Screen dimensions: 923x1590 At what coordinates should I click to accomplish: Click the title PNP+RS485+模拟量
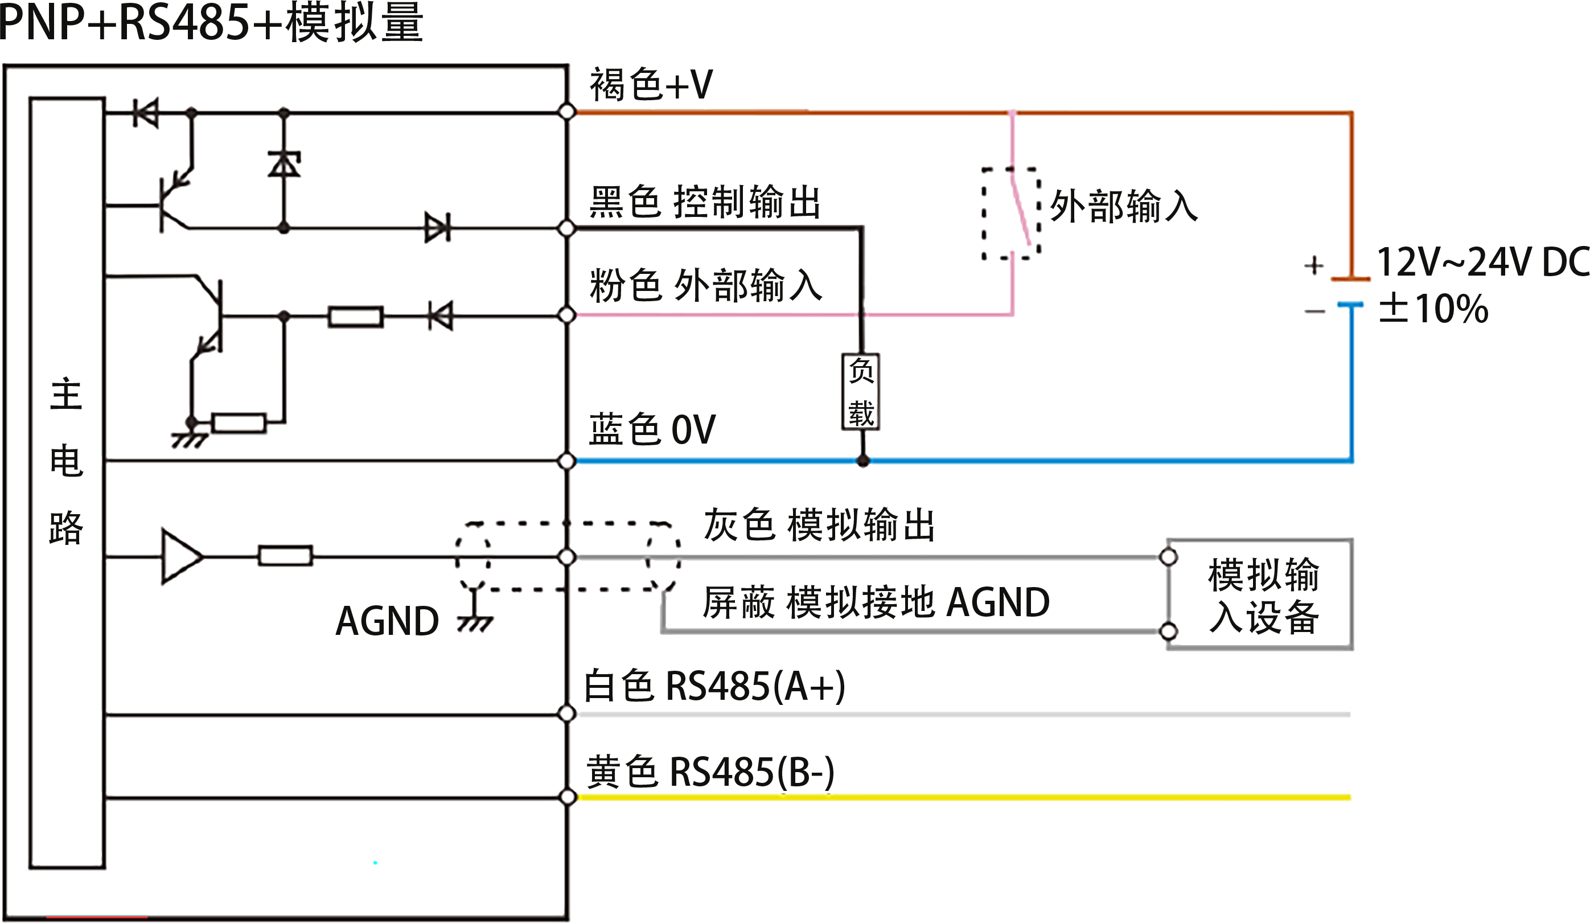[211, 22]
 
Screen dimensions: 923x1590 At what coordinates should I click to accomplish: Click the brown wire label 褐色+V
[651, 84]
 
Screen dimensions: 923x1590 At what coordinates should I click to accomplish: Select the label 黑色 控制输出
[704, 203]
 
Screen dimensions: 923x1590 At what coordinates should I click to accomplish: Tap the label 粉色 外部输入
[705, 285]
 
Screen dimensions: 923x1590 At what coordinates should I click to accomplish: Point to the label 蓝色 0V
[652, 429]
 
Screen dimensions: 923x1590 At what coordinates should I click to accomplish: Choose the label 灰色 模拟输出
[819, 524]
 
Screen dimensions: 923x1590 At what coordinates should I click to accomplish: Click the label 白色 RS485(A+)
[714, 687]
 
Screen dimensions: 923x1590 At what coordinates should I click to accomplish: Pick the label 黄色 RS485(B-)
[710, 772]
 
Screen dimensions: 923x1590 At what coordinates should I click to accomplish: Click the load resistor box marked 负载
[861, 392]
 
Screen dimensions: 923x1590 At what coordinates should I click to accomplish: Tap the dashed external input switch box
[1011, 214]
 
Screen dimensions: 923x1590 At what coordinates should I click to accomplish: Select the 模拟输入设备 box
[1259, 594]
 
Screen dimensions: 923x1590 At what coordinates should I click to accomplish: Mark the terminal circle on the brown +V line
[567, 112]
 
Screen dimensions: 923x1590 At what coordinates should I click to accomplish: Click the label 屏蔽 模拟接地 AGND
[876, 602]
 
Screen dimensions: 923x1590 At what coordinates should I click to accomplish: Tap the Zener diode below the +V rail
[284, 165]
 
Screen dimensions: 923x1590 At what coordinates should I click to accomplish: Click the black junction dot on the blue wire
[863, 461]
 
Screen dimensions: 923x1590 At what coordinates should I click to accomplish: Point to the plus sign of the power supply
[1314, 265]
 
